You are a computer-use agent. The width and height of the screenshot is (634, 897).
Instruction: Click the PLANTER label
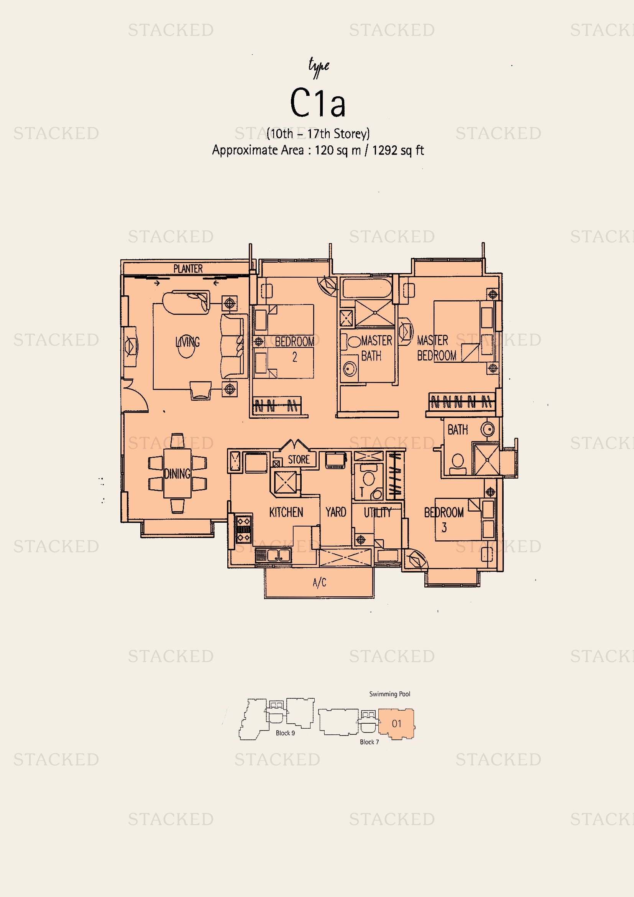[x=188, y=268]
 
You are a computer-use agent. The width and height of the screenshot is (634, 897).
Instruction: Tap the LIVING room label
[x=187, y=342]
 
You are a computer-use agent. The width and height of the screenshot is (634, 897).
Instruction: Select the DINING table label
[x=177, y=474]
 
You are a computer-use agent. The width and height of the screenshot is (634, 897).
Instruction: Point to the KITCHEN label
[x=286, y=512]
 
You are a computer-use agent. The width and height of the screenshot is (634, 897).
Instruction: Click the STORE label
[x=299, y=459]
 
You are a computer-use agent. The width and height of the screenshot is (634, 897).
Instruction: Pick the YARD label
[x=336, y=512]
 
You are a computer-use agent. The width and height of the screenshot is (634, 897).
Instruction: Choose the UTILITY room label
[x=378, y=512]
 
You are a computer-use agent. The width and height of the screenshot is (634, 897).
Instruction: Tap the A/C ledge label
[x=319, y=583]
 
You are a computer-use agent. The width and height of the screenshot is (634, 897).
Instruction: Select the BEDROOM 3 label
[x=444, y=520]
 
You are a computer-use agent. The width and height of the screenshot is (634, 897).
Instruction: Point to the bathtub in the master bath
[x=366, y=288]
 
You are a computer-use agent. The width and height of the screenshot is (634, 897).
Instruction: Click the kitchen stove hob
[x=244, y=529]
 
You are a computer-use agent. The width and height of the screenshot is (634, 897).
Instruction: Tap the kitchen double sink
[x=273, y=556]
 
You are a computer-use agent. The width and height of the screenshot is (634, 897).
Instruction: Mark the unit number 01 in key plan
[x=397, y=724]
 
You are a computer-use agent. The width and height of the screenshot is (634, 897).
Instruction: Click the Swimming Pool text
[x=389, y=694]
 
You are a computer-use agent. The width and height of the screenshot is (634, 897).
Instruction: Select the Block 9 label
[x=286, y=733]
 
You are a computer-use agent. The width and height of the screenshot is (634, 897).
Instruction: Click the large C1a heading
[x=318, y=102]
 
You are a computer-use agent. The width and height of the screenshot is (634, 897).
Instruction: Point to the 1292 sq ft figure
[x=398, y=150]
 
